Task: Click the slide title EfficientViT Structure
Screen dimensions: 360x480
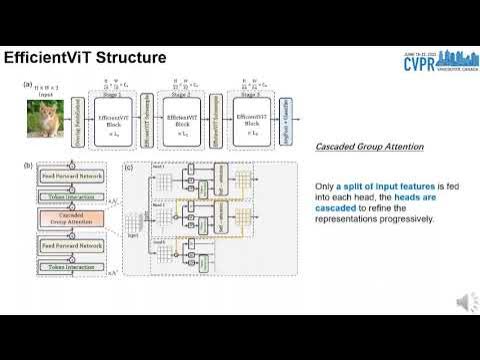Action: point(84,58)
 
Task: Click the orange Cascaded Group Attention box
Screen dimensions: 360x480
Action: point(64,219)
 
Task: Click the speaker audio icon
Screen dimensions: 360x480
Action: point(465,301)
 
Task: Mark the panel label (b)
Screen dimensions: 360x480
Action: point(28,164)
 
